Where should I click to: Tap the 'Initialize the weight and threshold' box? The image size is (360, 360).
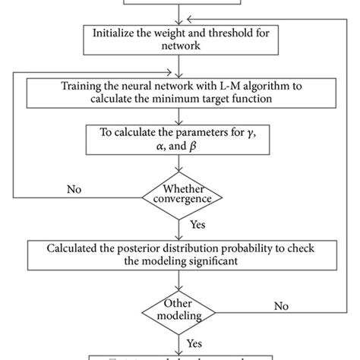coord(180,39)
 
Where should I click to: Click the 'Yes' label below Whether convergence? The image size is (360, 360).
coord(197,226)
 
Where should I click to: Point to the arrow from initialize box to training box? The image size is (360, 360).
coord(179,62)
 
